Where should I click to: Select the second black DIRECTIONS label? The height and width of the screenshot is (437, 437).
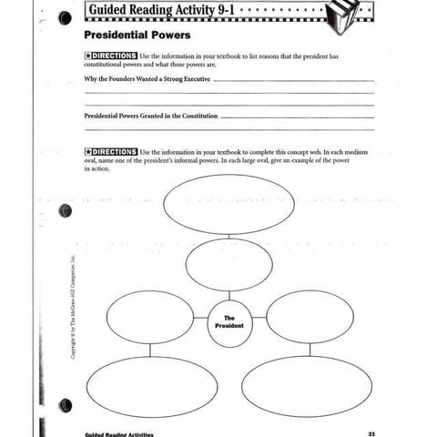[110, 151]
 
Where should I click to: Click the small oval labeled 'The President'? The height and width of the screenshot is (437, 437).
[229, 322]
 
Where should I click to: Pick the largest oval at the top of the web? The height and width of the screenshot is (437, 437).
[229, 204]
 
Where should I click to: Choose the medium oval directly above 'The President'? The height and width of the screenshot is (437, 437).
[229, 264]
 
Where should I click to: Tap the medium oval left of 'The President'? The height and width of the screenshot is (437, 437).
[150, 316]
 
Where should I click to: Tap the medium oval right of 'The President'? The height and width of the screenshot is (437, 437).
[310, 316]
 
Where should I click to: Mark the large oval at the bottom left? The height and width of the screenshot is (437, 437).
[151, 386]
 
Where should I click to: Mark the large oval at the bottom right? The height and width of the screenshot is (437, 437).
[307, 386]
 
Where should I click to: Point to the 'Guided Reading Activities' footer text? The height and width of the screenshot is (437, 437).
[118, 433]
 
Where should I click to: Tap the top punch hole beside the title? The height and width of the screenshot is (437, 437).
[65, 18]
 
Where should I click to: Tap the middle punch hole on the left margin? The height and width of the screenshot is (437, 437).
[65, 211]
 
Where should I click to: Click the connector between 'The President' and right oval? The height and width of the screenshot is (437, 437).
[259, 317]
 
